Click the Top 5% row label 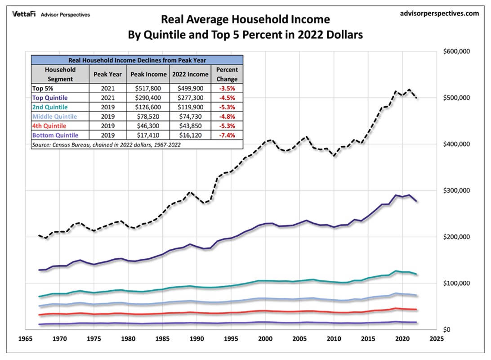pyautogui.click(x=42, y=88)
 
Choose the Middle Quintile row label pyautogui.click(x=55, y=117)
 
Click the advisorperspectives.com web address pyautogui.click(x=439, y=13)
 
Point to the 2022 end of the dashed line pyautogui.click(x=417, y=98)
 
